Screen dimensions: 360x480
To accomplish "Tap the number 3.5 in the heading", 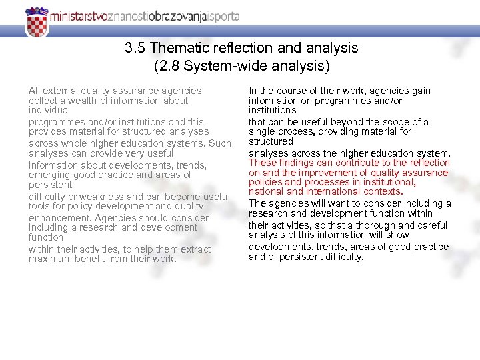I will point(135,48).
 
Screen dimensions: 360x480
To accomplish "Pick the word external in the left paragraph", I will point(61,90).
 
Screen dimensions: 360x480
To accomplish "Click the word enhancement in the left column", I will point(59,217).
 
